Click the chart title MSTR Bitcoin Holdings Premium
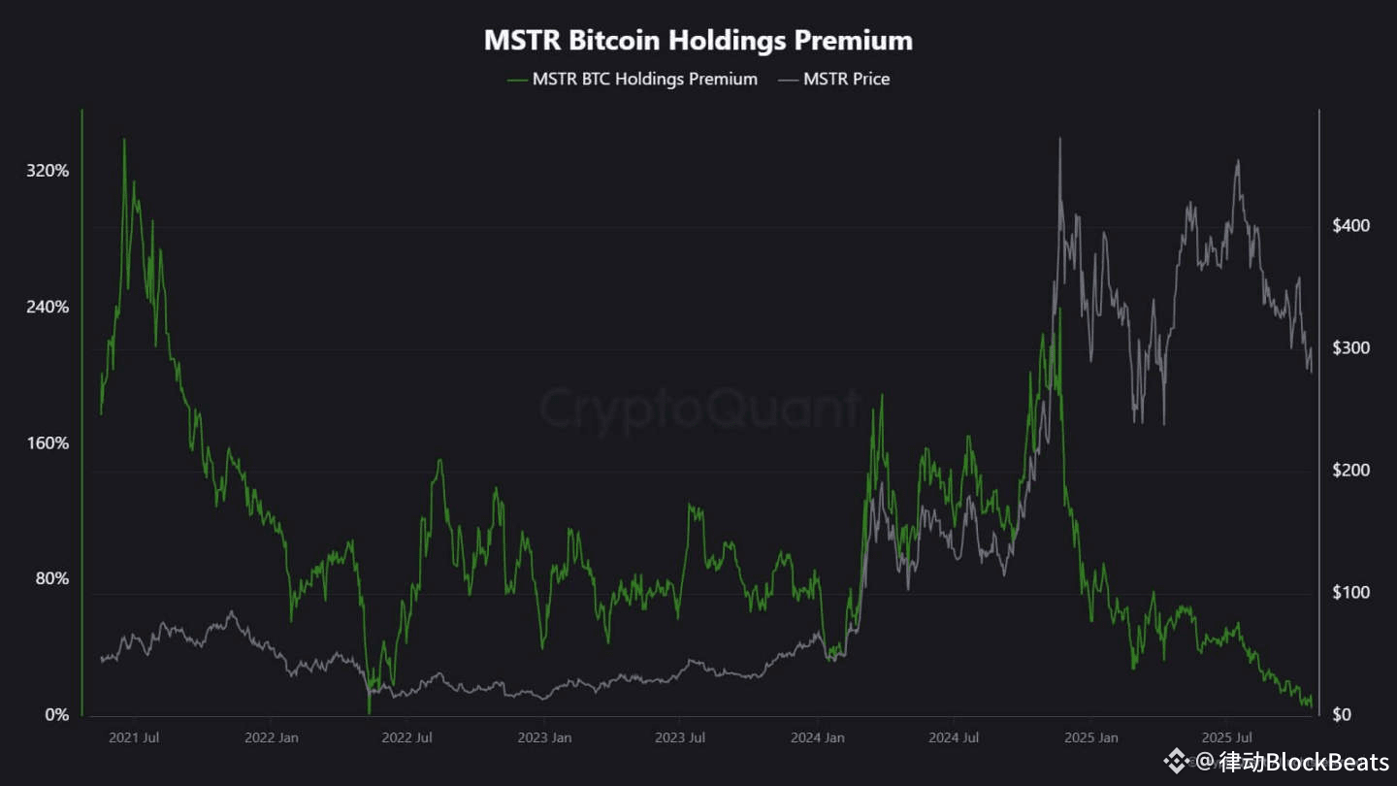698,41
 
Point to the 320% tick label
48,171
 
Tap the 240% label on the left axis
48,307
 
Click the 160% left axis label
48,443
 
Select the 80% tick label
51,579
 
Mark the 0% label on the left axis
56,715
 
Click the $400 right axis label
1349,226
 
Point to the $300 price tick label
1349,348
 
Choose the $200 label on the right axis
1349,471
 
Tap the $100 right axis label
1349,593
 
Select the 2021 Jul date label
134,738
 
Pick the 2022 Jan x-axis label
272,738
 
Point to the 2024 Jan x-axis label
817,738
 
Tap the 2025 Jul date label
1228,738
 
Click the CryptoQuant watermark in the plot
698,409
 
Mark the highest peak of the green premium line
124,140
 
